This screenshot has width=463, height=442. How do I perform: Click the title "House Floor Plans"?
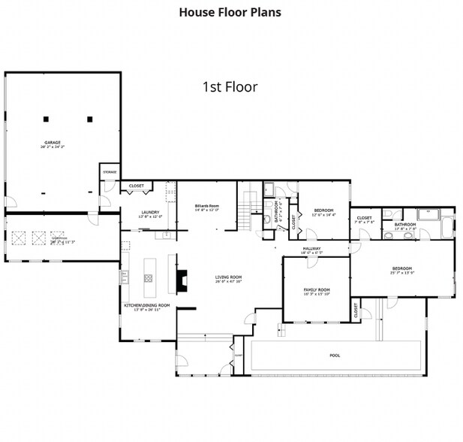[230, 13]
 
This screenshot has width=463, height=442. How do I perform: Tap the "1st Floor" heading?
[230, 87]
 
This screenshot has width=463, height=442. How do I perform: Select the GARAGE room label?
[52, 143]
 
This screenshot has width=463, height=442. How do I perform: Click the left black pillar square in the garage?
[46, 119]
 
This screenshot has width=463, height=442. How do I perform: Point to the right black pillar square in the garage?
[89, 119]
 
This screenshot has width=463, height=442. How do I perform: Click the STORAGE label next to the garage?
[110, 171]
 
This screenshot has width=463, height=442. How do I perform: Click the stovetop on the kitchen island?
[149, 277]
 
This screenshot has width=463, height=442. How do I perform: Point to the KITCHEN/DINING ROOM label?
[146, 306]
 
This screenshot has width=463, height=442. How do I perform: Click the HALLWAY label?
[312, 249]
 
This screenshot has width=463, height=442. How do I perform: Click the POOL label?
[335, 356]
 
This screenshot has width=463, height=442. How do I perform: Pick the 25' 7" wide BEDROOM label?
[401, 268]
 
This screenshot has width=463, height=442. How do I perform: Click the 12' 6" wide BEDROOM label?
[323, 210]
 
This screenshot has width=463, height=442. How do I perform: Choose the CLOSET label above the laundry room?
[137, 186]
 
